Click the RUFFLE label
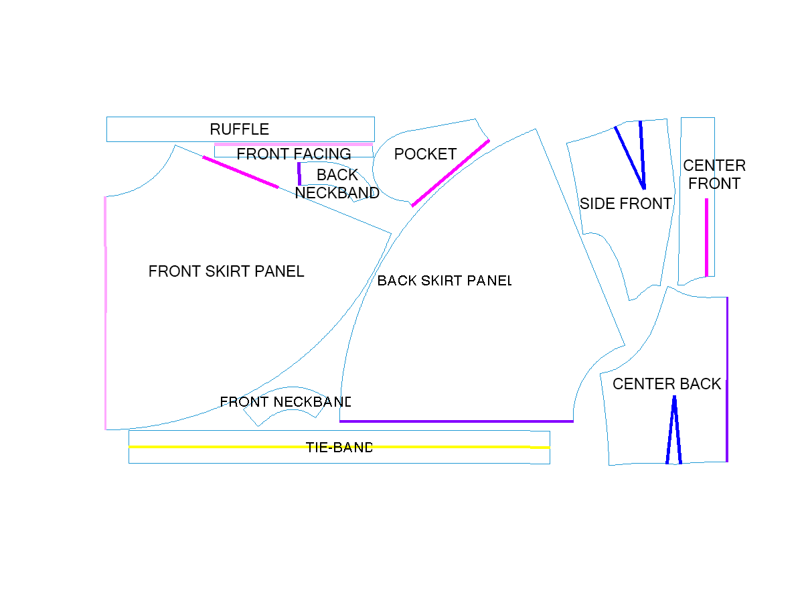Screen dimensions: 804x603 click(239, 129)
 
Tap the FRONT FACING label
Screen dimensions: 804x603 click(294, 154)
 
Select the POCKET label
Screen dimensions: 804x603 click(425, 154)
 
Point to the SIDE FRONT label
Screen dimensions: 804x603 click(626, 204)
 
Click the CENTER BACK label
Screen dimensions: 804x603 click(667, 384)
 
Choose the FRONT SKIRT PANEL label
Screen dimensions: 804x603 click(226, 271)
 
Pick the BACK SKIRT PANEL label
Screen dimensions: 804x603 click(445, 281)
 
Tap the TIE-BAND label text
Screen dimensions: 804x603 click(339, 447)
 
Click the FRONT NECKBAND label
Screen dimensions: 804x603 click(285, 402)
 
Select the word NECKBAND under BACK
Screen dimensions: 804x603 click(337, 193)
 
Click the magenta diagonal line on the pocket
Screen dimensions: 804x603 click(451, 174)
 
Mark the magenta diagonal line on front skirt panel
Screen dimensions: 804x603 click(240, 172)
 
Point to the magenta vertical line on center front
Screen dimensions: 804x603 click(706, 238)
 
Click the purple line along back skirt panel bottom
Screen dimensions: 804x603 click(457, 421)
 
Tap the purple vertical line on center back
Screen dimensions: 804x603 click(727, 379)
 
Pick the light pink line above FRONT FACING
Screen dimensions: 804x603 click(293, 145)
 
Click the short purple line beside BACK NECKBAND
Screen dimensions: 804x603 click(299, 174)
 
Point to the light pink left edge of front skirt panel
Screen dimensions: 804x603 click(106, 313)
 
